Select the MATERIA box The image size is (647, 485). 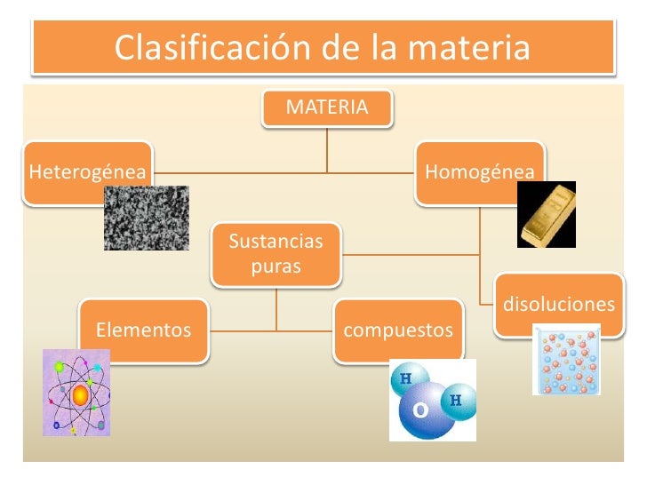[327, 107]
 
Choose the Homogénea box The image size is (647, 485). [479, 170]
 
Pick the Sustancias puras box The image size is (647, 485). [276, 254]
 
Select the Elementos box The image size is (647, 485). [143, 331]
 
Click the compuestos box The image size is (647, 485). [398, 331]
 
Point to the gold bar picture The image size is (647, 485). [546, 214]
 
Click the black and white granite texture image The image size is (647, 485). [147, 218]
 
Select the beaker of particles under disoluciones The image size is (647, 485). [566, 360]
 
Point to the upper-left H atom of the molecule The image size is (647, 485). [405, 378]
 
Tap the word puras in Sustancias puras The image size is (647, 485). [276, 266]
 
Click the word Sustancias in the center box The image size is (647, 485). [276, 242]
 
